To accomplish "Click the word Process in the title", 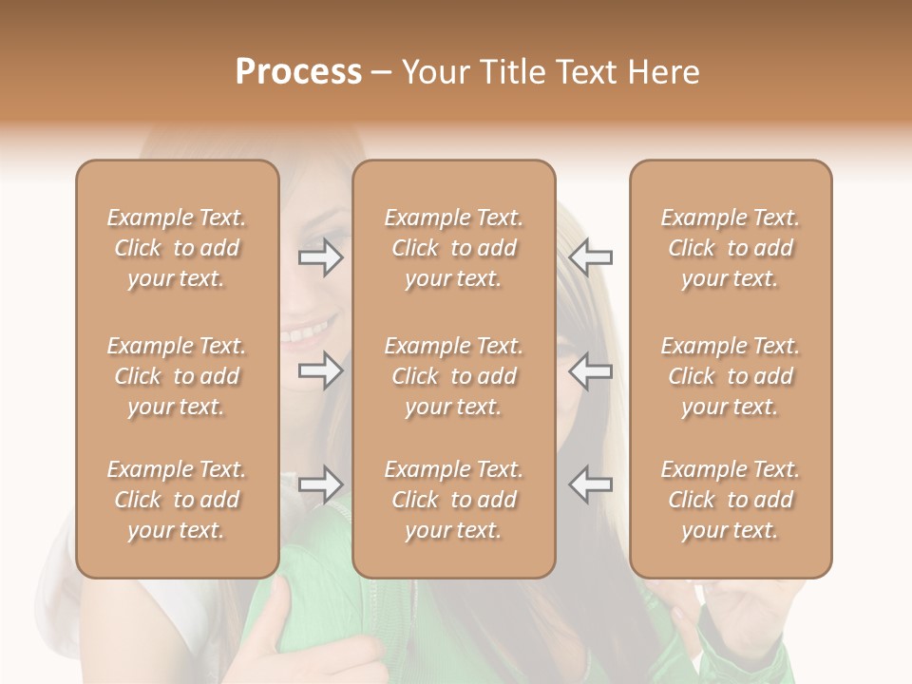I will tap(298, 72).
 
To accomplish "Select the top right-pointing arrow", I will tap(321, 256).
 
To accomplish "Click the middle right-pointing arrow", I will tap(321, 371).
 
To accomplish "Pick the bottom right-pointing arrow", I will tap(321, 484).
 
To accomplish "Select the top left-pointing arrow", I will tap(591, 256).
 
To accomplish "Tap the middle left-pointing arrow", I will tap(591, 371).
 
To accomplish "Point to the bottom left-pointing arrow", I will tap(591, 484).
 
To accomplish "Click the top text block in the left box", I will tap(177, 248).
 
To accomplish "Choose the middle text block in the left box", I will tap(177, 376).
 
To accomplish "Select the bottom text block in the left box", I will tap(177, 500).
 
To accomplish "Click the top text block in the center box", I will tap(454, 248).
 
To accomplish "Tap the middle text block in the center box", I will tap(454, 376).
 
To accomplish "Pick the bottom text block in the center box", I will tap(454, 500).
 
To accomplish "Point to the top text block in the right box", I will tap(731, 248).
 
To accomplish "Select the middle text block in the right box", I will tap(731, 376).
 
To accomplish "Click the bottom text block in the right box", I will tap(731, 500).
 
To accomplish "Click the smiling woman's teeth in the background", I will tap(306, 333).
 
